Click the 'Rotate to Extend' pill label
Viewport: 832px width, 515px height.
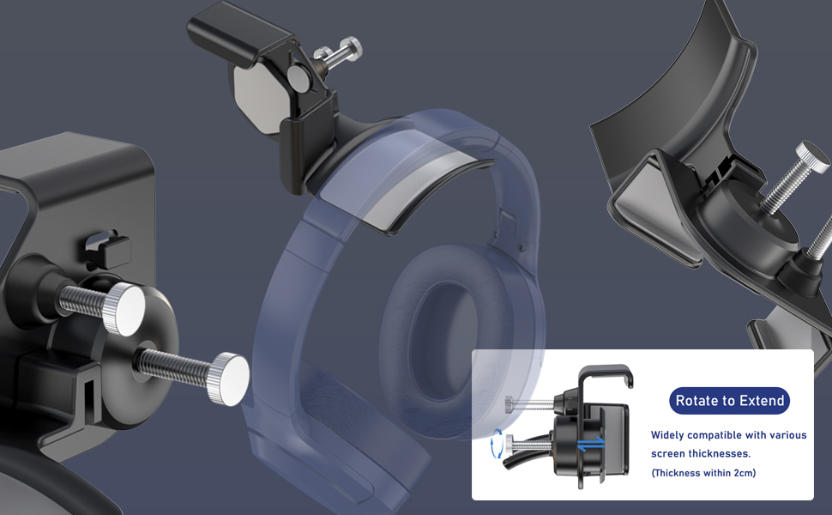pos(729,401)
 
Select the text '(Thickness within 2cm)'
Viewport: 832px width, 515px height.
pos(703,473)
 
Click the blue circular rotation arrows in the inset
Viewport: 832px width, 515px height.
pos(495,444)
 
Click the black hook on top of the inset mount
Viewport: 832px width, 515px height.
pos(606,374)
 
